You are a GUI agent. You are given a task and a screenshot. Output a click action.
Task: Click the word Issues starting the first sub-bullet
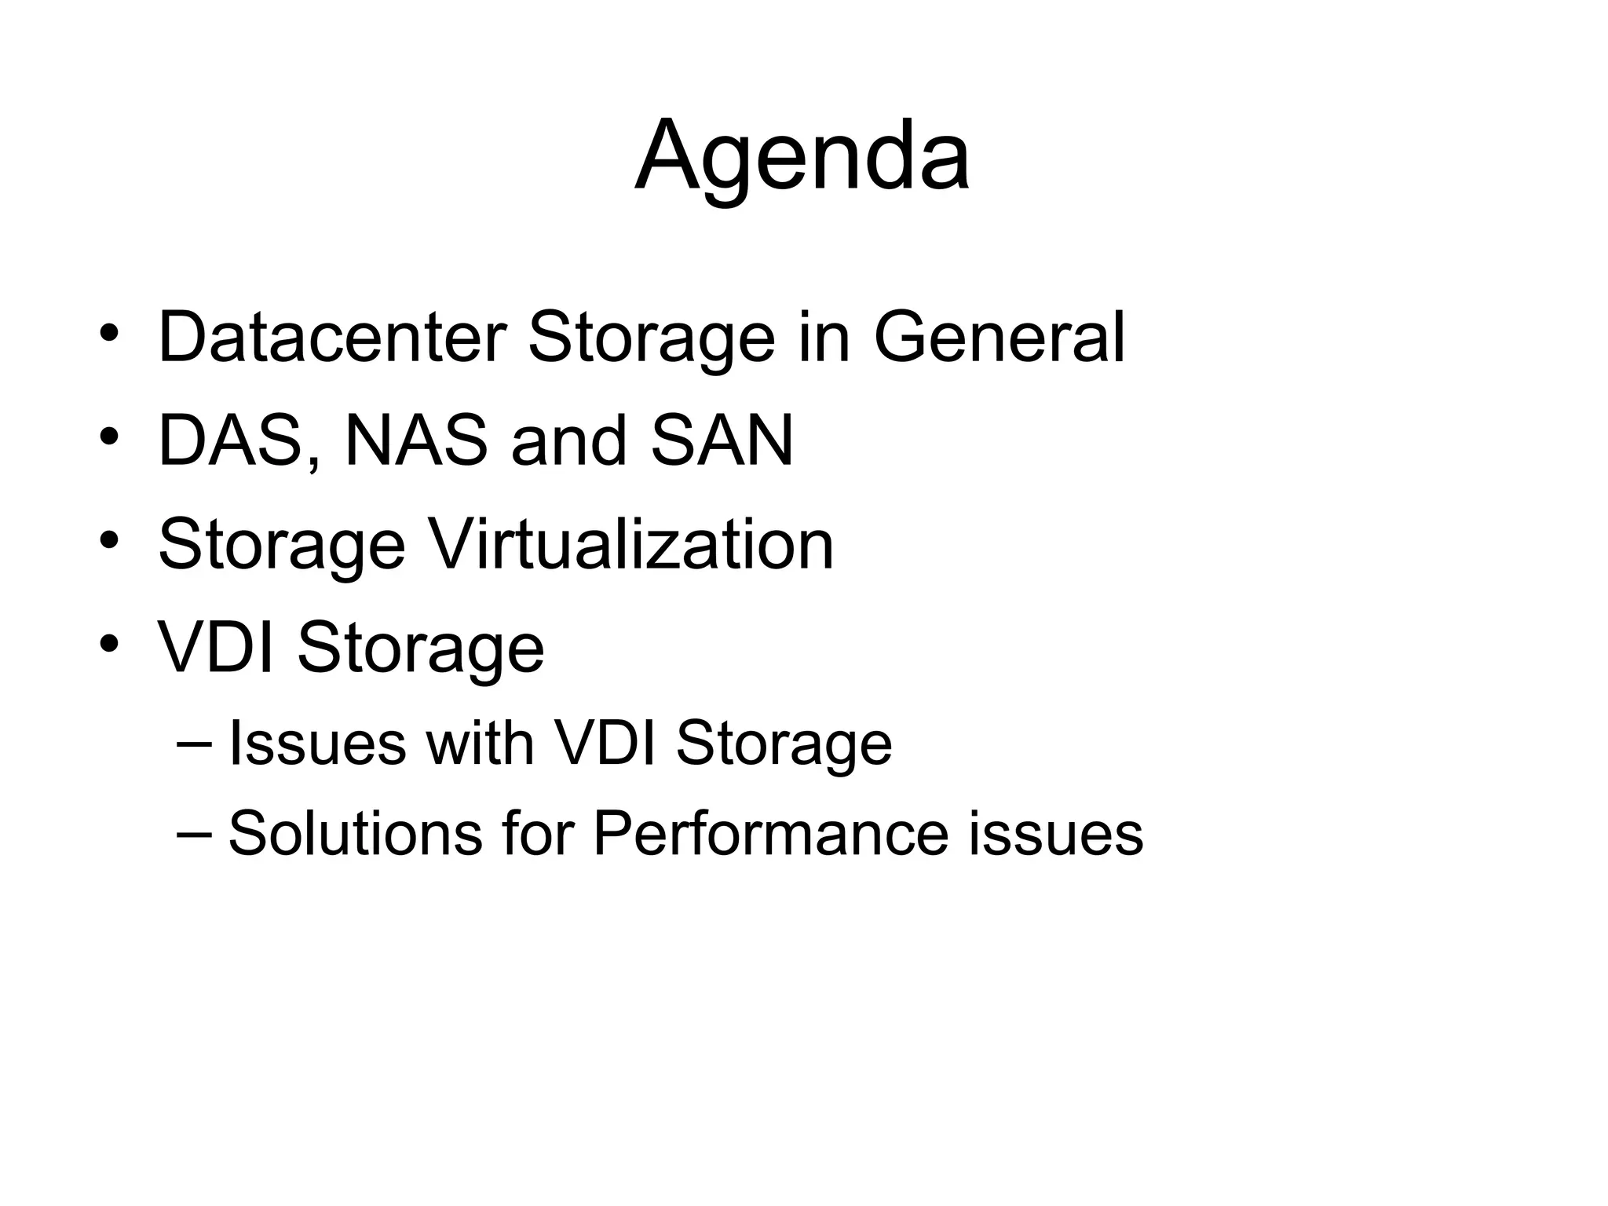[x=316, y=743]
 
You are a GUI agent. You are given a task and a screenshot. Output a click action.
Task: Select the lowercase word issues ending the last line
[x=1055, y=833]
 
